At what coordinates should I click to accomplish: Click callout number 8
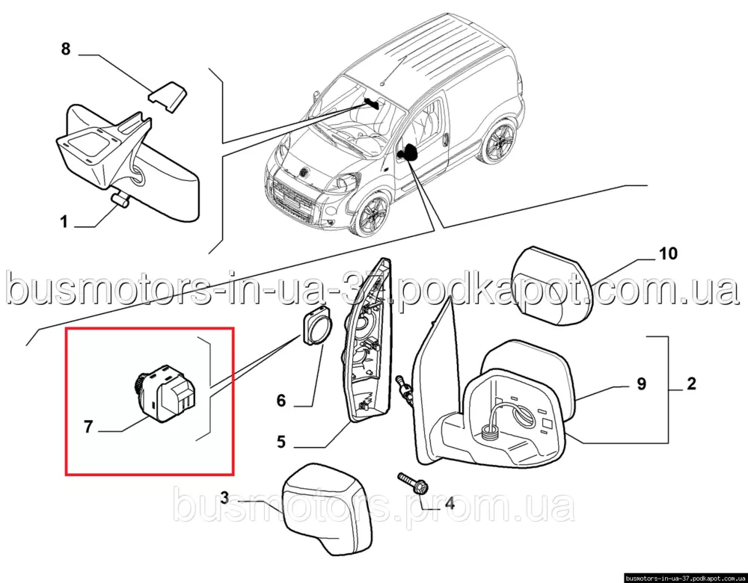click(x=66, y=49)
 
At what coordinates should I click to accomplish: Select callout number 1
click(x=64, y=222)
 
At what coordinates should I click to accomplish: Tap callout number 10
click(x=668, y=253)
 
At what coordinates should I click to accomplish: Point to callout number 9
click(x=641, y=383)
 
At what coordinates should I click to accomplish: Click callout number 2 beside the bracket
click(x=690, y=383)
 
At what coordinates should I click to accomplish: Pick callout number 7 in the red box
click(x=88, y=427)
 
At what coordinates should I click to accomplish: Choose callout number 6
click(x=281, y=401)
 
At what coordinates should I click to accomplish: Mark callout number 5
click(x=281, y=442)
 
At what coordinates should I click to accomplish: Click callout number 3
click(x=225, y=499)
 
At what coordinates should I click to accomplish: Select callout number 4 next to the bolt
click(x=450, y=502)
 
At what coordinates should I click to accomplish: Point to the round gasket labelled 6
click(x=316, y=326)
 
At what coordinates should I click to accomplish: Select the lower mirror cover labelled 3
click(x=325, y=509)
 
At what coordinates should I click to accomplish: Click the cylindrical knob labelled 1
click(x=120, y=200)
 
